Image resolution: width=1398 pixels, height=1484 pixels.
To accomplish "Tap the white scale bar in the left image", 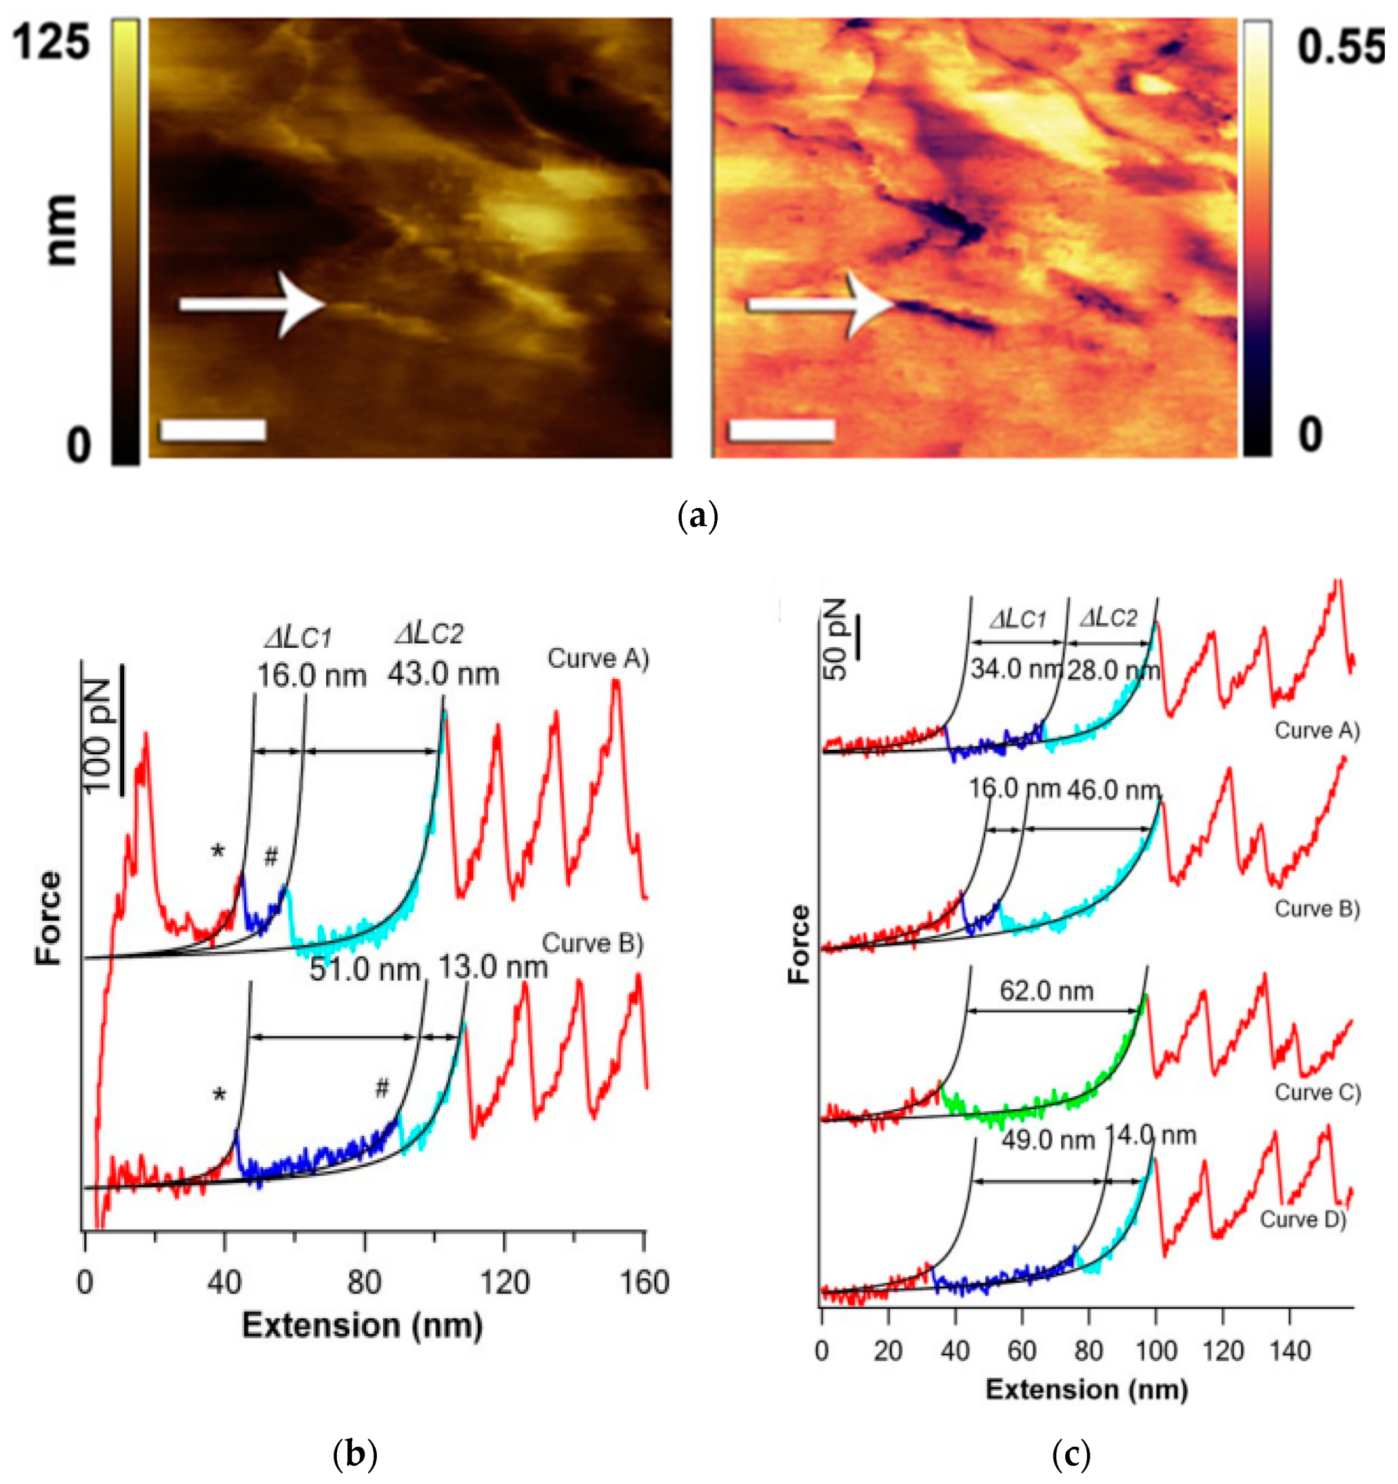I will (x=213, y=430).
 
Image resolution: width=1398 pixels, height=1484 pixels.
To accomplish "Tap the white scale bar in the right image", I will (x=781, y=430).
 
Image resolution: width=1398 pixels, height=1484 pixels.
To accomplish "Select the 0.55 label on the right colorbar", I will (x=1340, y=46).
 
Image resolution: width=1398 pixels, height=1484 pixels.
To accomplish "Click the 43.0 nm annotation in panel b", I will (x=443, y=675).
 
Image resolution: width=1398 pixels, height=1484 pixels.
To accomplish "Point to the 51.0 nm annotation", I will (x=364, y=970).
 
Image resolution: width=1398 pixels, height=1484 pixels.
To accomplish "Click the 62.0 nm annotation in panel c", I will (x=1047, y=990).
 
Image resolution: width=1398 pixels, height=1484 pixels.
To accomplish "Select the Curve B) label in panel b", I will (x=592, y=943).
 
